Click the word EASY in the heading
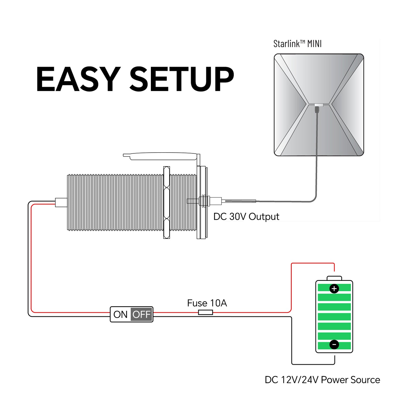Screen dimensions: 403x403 78,79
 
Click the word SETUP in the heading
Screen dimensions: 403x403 182,79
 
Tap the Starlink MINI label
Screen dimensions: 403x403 297,44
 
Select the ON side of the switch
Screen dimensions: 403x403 120,314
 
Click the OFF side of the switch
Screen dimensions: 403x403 142,314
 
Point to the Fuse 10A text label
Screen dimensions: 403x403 207,303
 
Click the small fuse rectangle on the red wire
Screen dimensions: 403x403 206,313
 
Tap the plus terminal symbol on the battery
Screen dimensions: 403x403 334,289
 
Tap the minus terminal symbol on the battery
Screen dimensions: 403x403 334,345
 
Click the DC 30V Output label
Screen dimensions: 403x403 246,217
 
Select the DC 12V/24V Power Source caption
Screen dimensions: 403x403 322,380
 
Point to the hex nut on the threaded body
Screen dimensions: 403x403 166,202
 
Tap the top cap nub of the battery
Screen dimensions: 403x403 334,278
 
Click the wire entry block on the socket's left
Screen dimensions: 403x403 61,202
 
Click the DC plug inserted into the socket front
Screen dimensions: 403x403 215,201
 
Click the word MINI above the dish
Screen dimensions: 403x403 314,44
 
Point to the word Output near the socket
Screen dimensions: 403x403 264,217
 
